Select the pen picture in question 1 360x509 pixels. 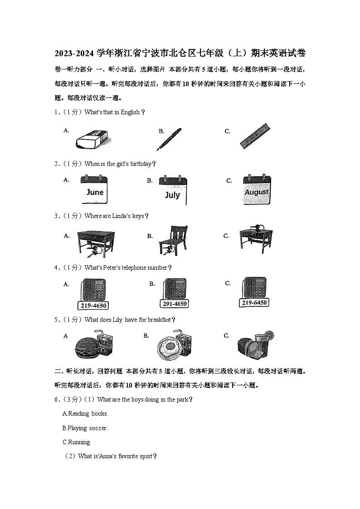(169, 139)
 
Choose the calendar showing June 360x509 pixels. (95, 190)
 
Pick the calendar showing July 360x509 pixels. (173, 191)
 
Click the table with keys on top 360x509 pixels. (256, 238)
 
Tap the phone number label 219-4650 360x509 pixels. (93, 306)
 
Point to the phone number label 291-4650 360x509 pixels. (174, 304)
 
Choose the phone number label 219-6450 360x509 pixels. (254, 302)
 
